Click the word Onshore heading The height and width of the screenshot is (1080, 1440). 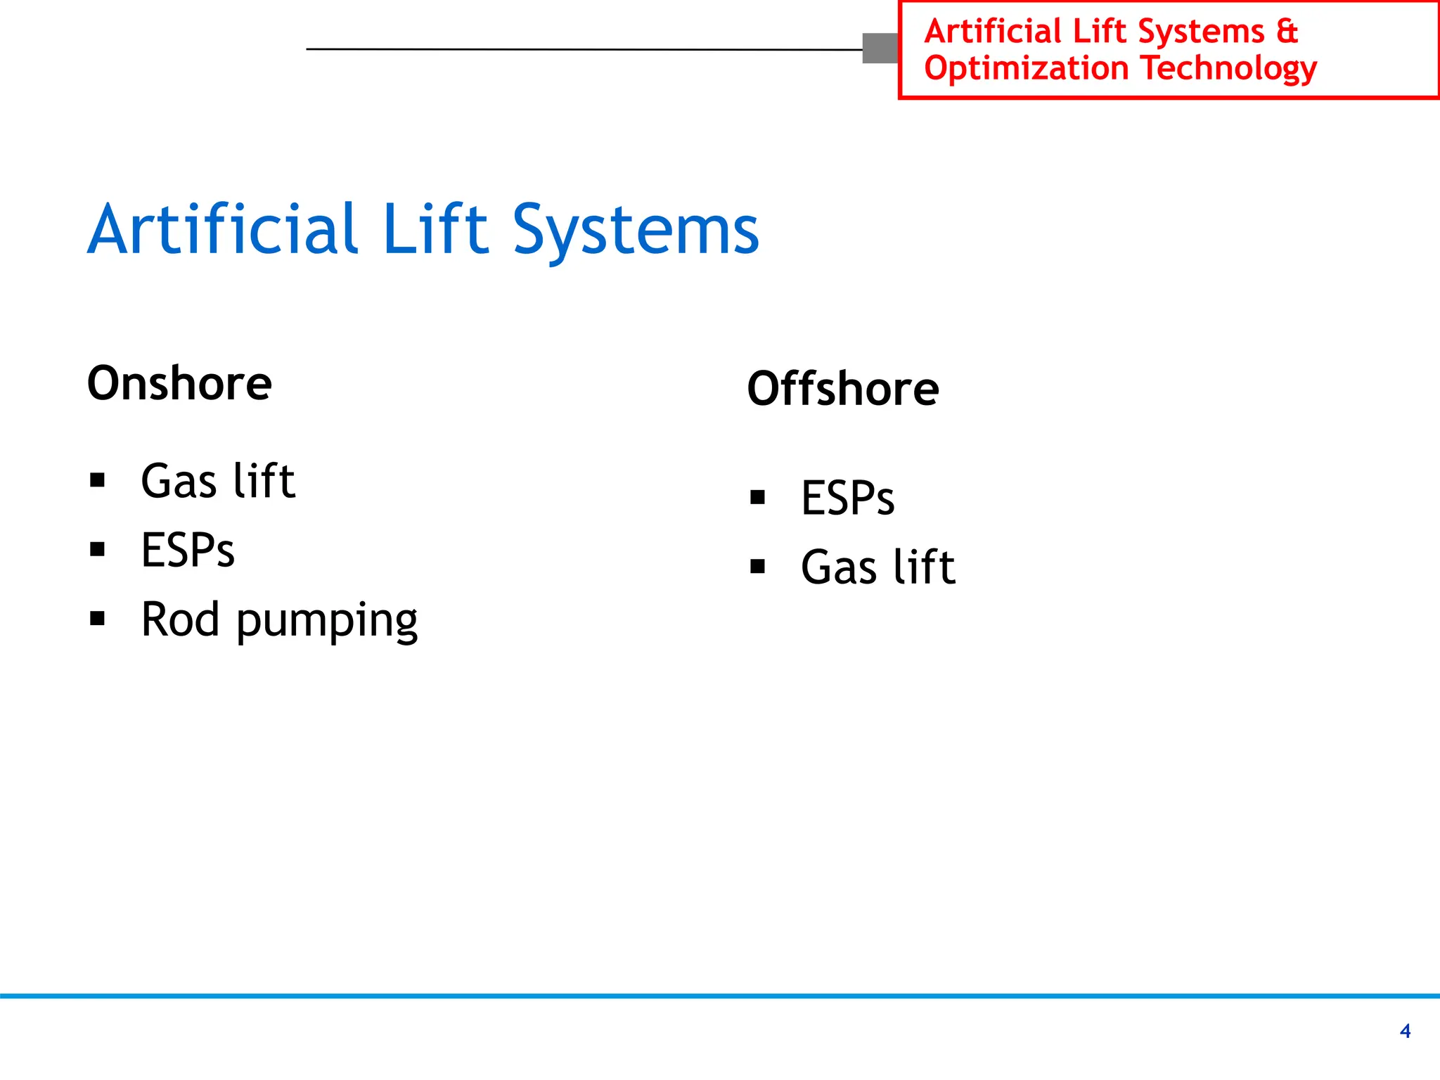[x=179, y=383]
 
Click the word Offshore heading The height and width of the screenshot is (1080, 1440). [x=842, y=389]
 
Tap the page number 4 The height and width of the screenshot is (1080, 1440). [x=1405, y=1031]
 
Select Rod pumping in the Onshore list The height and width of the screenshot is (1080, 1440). [x=279, y=620]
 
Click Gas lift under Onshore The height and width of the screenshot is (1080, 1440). [x=218, y=481]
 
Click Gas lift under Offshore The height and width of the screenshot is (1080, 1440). [x=877, y=567]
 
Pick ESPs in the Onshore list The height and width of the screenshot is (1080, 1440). [x=188, y=550]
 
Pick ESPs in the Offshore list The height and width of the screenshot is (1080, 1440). [x=847, y=499]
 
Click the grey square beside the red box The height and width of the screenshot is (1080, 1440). [x=880, y=49]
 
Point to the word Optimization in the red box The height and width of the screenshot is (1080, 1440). [x=1026, y=68]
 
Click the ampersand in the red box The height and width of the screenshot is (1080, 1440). [x=1286, y=32]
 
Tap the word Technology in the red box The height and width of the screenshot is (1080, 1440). [x=1228, y=69]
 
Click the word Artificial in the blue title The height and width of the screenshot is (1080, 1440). [x=224, y=229]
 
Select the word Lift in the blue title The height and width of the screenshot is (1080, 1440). [x=435, y=229]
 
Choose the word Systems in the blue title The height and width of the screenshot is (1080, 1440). [x=636, y=231]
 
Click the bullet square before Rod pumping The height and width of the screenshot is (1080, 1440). [x=98, y=619]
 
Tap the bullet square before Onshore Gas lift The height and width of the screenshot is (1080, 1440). [x=98, y=481]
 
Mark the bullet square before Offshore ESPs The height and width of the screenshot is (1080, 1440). [x=757, y=498]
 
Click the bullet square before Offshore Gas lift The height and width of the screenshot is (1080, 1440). [x=757, y=566]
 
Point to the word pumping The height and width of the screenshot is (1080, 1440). [x=326, y=622]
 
